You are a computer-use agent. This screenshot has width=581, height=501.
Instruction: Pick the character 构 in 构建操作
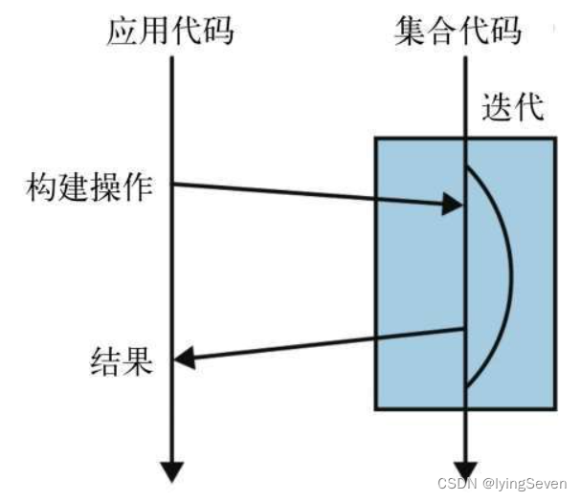[x=41, y=187]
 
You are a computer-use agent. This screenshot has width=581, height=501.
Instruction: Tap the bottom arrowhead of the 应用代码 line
[x=171, y=470]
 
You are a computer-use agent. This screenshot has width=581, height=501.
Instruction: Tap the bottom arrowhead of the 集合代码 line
[x=464, y=470]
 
